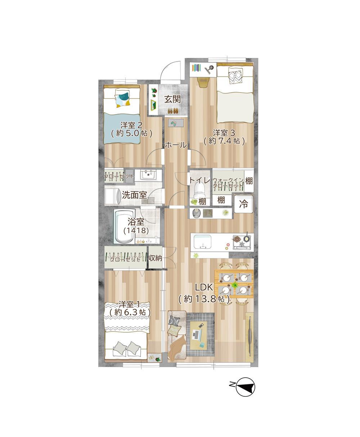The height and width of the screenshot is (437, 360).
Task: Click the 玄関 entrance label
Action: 172,99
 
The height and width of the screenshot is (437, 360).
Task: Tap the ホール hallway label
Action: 176,145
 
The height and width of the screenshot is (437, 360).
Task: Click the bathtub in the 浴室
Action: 124,227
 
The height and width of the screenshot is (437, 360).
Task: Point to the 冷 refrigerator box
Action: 244,204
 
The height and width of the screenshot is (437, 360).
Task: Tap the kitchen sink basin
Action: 202,242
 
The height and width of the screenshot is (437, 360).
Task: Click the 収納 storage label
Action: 155,258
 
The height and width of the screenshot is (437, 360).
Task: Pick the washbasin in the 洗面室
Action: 148,175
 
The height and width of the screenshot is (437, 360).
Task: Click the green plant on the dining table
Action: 235,285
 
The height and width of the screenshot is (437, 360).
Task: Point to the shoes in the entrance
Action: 173,111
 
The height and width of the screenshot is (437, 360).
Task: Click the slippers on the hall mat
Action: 174,123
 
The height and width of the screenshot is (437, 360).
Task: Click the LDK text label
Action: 204,287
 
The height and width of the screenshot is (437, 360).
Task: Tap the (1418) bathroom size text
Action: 136,230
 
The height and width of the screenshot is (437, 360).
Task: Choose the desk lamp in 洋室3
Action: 209,69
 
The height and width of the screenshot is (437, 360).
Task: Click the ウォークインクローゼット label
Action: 228,183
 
